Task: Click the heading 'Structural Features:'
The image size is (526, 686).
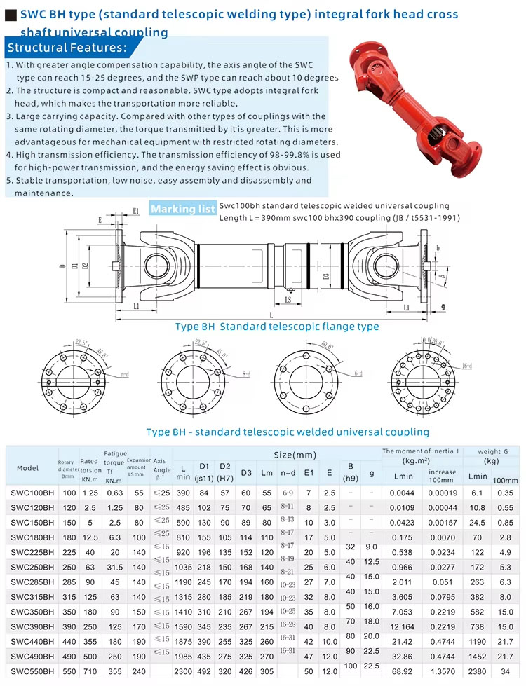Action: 67,48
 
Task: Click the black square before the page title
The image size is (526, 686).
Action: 11,15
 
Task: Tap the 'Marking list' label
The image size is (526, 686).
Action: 183,209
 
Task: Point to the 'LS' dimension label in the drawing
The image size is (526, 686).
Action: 288,299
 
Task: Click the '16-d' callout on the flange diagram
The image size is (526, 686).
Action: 466,365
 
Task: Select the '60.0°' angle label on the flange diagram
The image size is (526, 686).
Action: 328,345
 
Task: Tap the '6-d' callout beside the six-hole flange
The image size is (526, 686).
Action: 358,374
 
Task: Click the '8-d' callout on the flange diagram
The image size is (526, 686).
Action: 246,374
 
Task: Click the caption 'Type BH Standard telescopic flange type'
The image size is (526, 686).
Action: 277,327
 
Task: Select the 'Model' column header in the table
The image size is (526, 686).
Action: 28,468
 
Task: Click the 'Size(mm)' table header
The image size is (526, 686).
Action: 295,455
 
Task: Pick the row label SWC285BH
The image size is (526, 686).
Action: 32,582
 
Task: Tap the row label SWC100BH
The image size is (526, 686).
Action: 32,493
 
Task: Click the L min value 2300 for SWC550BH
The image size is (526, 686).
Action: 184,671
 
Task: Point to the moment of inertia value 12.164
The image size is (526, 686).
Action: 403,626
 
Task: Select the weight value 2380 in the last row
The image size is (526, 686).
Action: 478,671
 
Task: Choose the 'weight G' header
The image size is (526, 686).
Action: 488,451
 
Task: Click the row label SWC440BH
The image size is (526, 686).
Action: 32,642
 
